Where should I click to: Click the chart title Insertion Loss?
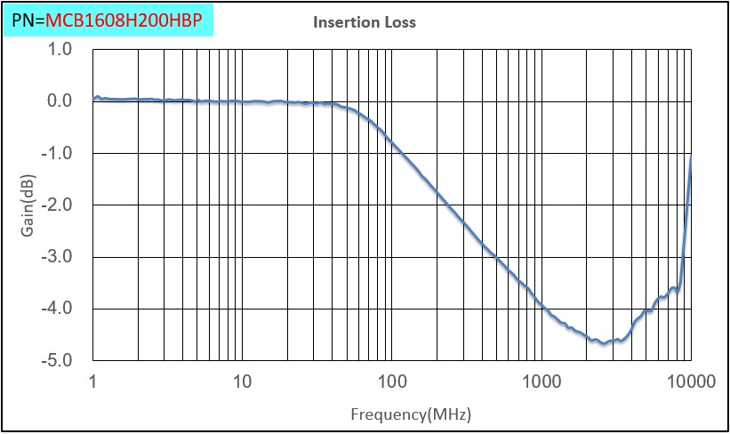pyautogui.click(x=364, y=22)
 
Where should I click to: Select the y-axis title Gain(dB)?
pyautogui.click(x=28, y=205)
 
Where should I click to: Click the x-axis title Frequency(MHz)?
pyautogui.click(x=410, y=414)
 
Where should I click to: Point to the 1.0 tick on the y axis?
pyautogui.click(x=60, y=50)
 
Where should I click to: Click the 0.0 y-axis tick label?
pyautogui.click(x=60, y=101)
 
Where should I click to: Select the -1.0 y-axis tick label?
pyautogui.click(x=59, y=153)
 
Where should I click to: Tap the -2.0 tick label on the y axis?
pyautogui.click(x=59, y=205)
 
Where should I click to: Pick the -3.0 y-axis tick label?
pyautogui.click(x=59, y=257)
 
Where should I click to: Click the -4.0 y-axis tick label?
pyautogui.click(x=59, y=309)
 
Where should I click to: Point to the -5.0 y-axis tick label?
pyautogui.click(x=59, y=361)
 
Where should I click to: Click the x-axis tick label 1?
pyautogui.click(x=93, y=382)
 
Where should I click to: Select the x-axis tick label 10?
pyautogui.click(x=242, y=382)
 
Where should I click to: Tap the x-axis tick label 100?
pyautogui.click(x=391, y=382)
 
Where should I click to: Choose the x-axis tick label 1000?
pyautogui.click(x=541, y=382)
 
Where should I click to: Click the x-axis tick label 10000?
pyautogui.click(x=689, y=382)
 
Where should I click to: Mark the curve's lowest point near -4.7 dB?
pyautogui.click(x=604, y=342)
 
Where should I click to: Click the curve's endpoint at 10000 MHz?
pyautogui.click(x=690, y=157)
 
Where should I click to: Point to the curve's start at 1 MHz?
pyautogui.click(x=94, y=99)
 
